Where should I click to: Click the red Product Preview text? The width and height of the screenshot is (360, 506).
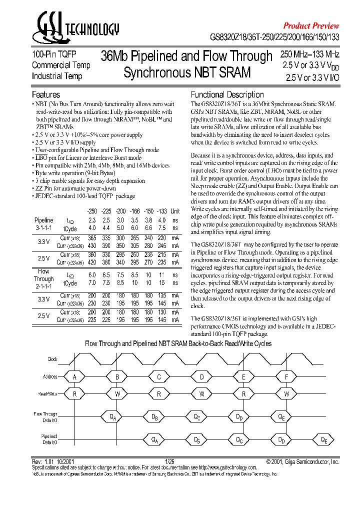click(x=311, y=25)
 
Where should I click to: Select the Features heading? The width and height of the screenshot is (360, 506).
click(x=46, y=94)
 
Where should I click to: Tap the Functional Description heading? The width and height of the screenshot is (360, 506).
click(x=227, y=94)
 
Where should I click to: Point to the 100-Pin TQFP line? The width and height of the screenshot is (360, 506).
click(x=54, y=54)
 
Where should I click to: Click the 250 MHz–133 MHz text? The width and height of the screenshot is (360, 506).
click(x=309, y=54)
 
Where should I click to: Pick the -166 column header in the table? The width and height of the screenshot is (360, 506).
click(x=134, y=211)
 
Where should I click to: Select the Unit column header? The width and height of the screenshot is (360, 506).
click(x=175, y=211)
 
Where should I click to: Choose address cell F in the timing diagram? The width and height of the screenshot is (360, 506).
click(x=286, y=377)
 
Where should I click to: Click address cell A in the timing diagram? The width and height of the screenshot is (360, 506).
click(x=75, y=377)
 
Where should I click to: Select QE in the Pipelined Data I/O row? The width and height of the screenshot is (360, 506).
click(x=324, y=440)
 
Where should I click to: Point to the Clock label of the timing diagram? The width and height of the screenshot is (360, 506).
click(x=52, y=359)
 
